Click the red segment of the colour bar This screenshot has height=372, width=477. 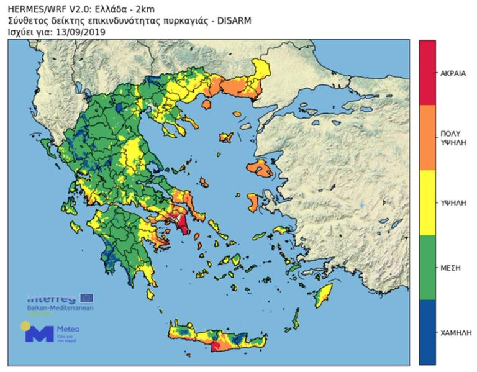427,72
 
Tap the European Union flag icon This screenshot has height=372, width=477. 85,297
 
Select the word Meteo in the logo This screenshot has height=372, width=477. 68,329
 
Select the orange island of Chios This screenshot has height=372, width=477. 254,201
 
